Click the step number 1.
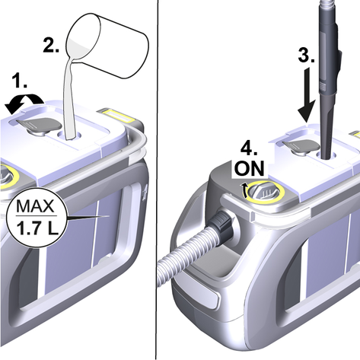(20, 81)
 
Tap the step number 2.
(51, 45)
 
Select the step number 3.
(306, 55)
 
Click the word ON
(250, 168)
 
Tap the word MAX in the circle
(35, 206)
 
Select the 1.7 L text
(37, 228)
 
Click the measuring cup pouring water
(107, 46)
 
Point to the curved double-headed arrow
(24, 103)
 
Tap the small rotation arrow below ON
(245, 190)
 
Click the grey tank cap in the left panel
(40, 125)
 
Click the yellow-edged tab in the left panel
(116, 115)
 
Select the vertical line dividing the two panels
(158, 180)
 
